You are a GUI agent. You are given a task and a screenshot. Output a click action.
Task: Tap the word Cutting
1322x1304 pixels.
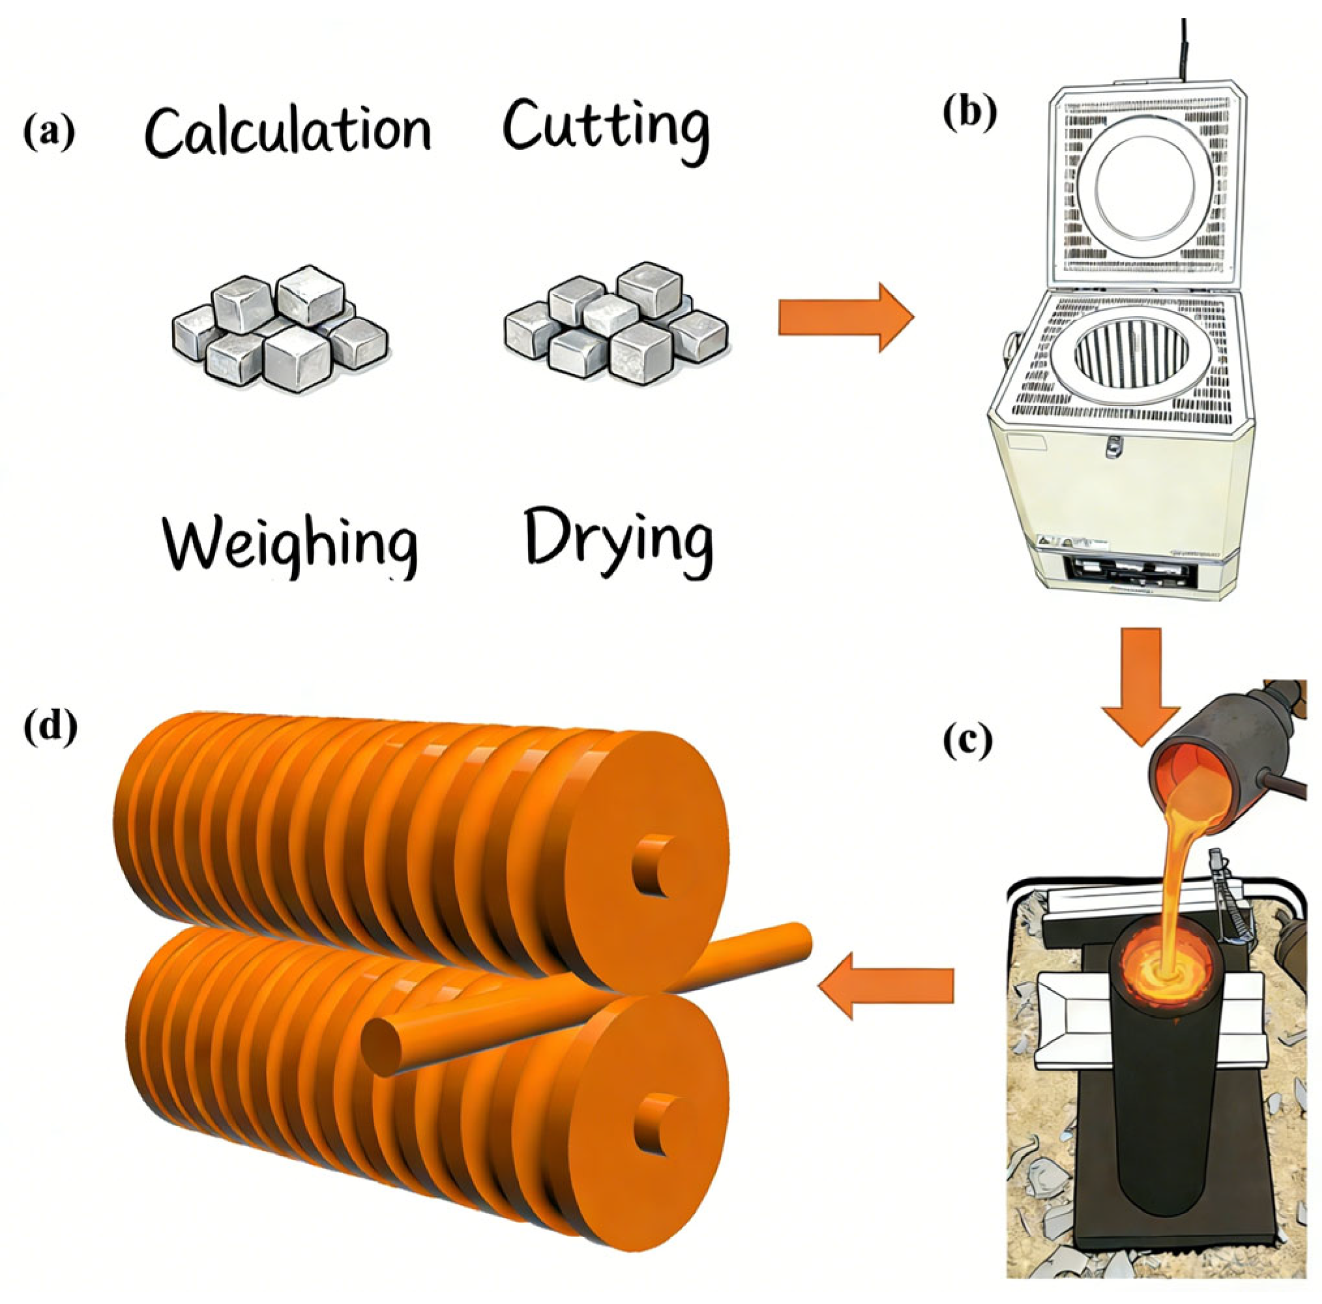(x=605, y=128)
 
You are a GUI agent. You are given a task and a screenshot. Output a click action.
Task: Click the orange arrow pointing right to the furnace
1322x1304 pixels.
(x=845, y=319)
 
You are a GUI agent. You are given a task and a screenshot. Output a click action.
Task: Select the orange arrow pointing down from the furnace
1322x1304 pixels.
(x=1141, y=685)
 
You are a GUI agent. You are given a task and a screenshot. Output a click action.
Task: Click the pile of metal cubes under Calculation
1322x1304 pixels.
(x=279, y=329)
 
